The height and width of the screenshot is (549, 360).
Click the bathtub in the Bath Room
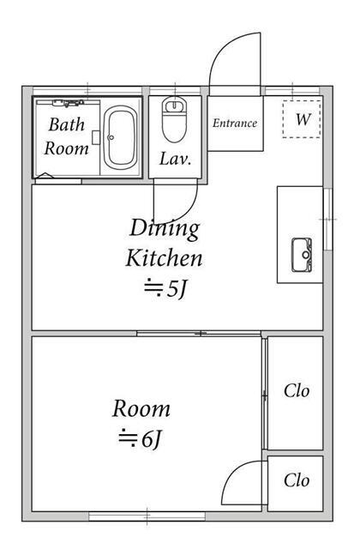120,137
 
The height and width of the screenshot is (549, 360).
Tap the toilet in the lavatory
174,119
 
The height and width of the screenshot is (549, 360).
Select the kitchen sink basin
302,255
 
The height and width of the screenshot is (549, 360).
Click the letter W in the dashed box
303,119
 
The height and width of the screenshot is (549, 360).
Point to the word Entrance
235,123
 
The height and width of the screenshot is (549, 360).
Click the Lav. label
175,160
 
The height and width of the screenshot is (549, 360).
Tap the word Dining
165,229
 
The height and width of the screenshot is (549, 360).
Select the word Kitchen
164,258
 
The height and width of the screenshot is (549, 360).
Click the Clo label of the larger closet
297,391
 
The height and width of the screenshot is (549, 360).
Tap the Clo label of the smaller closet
297,480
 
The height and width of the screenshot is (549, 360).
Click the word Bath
67,124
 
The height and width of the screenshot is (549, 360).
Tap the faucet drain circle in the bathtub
111,137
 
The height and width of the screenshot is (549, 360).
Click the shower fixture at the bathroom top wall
69,103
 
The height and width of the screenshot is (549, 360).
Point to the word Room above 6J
141,408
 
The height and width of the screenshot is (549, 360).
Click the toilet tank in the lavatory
174,105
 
